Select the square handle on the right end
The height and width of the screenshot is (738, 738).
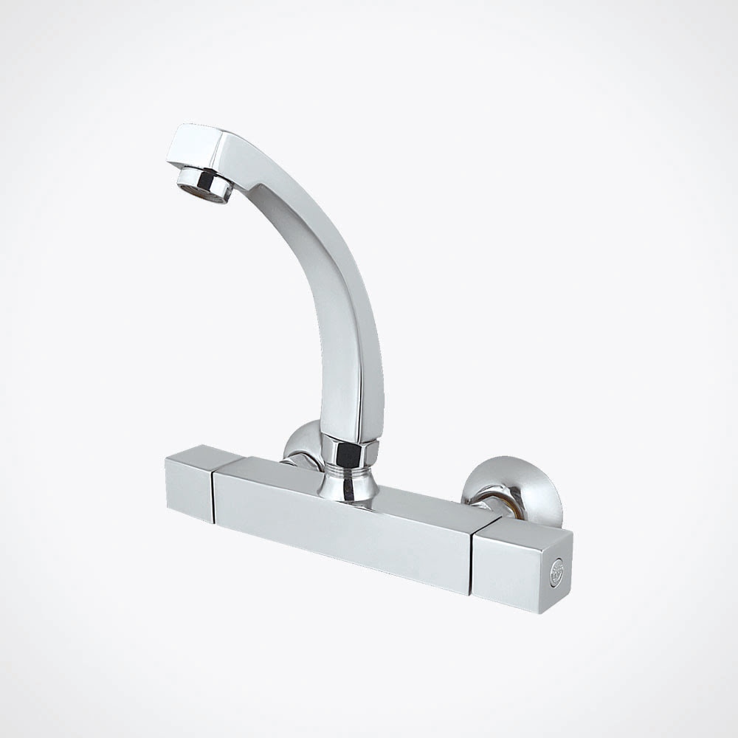[520, 565]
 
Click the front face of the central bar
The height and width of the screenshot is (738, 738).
[339, 531]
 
